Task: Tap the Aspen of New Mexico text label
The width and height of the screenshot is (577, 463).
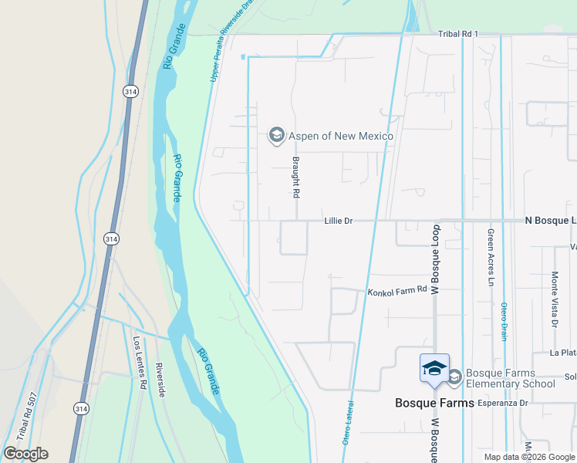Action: point(340,136)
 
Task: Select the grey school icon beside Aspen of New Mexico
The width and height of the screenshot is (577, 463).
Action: point(275,136)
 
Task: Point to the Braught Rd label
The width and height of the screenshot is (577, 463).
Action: point(295,178)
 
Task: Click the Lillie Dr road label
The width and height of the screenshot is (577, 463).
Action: point(339,221)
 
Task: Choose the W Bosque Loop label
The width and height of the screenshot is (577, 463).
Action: point(434,259)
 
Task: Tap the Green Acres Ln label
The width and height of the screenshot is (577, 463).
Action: point(490,257)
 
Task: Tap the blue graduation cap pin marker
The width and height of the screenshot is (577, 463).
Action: point(434,367)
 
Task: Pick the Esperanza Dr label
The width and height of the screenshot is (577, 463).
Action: point(502,403)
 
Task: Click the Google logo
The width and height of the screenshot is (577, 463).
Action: point(25,454)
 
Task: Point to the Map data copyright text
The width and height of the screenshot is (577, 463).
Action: point(529,457)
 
